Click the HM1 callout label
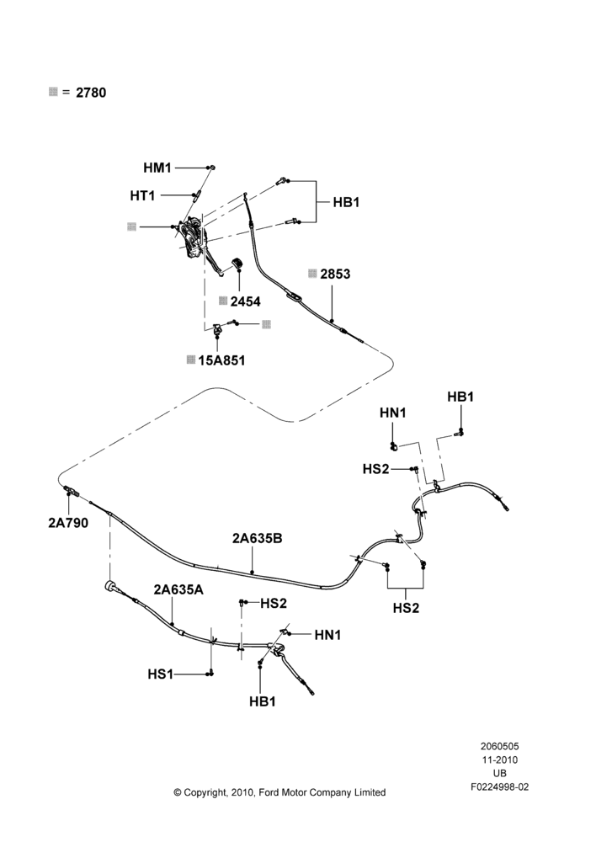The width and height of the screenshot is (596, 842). click(x=157, y=168)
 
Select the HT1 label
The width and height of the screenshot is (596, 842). click(x=142, y=196)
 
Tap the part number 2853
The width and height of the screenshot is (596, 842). click(x=335, y=274)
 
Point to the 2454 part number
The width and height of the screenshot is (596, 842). click(x=245, y=301)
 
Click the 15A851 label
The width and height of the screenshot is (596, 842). click(x=221, y=360)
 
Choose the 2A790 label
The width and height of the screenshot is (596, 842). click(x=67, y=523)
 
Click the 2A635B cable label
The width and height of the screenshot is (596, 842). click(x=258, y=538)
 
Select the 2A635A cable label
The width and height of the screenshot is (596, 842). click(x=178, y=589)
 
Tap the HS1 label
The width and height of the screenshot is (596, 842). click(x=161, y=674)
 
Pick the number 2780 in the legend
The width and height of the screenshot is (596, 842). click(x=91, y=93)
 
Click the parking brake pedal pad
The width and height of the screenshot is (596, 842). click(x=237, y=264)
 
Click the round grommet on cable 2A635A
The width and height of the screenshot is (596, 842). click(x=111, y=586)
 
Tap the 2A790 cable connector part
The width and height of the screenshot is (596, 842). click(x=71, y=490)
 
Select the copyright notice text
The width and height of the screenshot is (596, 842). click(x=279, y=792)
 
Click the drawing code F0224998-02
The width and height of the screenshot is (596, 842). click(x=499, y=787)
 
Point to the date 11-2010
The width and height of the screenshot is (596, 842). click(x=499, y=759)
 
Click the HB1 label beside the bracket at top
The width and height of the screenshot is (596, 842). click(x=346, y=202)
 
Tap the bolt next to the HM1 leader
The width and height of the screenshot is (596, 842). click(x=211, y=168)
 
